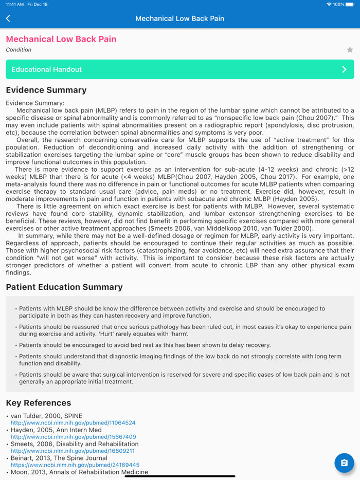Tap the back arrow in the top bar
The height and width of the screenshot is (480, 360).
pos(8,19)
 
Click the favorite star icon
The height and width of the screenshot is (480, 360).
pos(350,50)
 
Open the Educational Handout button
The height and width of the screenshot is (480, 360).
pos(179,69)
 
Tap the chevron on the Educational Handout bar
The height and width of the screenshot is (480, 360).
pos(344,69)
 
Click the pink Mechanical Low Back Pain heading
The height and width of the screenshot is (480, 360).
pos(61,39)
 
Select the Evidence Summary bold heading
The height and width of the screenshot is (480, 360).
pos(46,90)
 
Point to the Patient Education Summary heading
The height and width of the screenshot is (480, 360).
pos(64,287)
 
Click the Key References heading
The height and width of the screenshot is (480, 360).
pos(39,403)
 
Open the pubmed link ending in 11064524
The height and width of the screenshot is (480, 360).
pos(73,423)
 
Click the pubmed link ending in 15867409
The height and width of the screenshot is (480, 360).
pos(73,437)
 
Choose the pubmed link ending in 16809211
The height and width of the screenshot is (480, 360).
pos(73,451)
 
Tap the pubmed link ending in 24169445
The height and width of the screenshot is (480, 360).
pos(75,465)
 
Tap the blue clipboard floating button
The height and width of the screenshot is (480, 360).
pos(344,463)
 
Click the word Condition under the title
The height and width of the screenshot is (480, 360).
pos(19,50)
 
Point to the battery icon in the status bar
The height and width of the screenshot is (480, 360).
pos(350,4)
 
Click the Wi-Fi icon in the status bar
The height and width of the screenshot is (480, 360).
pos(329,4)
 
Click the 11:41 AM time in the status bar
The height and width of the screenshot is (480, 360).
pos(14,4)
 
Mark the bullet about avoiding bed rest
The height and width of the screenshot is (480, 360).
pos(145,345)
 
